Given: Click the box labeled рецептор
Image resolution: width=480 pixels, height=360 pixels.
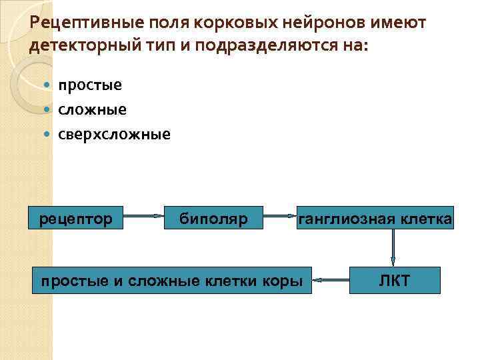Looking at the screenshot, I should click(75, 217).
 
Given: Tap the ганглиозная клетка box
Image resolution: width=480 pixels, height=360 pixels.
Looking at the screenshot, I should click(376, 217).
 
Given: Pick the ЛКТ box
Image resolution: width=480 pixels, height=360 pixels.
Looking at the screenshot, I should click(395, 281).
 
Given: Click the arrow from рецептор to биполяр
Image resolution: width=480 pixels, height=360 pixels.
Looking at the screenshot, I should click(143, 216).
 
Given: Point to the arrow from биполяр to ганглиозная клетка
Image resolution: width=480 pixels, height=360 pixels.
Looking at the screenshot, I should click(279, 216).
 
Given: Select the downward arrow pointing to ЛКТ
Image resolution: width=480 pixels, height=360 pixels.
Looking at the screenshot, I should click(393, 247).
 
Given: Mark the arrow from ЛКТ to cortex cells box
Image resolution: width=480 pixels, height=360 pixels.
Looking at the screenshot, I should click(331, 279).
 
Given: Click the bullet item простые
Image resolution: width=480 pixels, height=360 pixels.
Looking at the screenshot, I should click(89, 85).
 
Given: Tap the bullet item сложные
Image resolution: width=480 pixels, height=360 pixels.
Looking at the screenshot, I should click(92, 109).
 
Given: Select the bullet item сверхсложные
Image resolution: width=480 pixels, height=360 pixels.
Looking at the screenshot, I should click(114, 134).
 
